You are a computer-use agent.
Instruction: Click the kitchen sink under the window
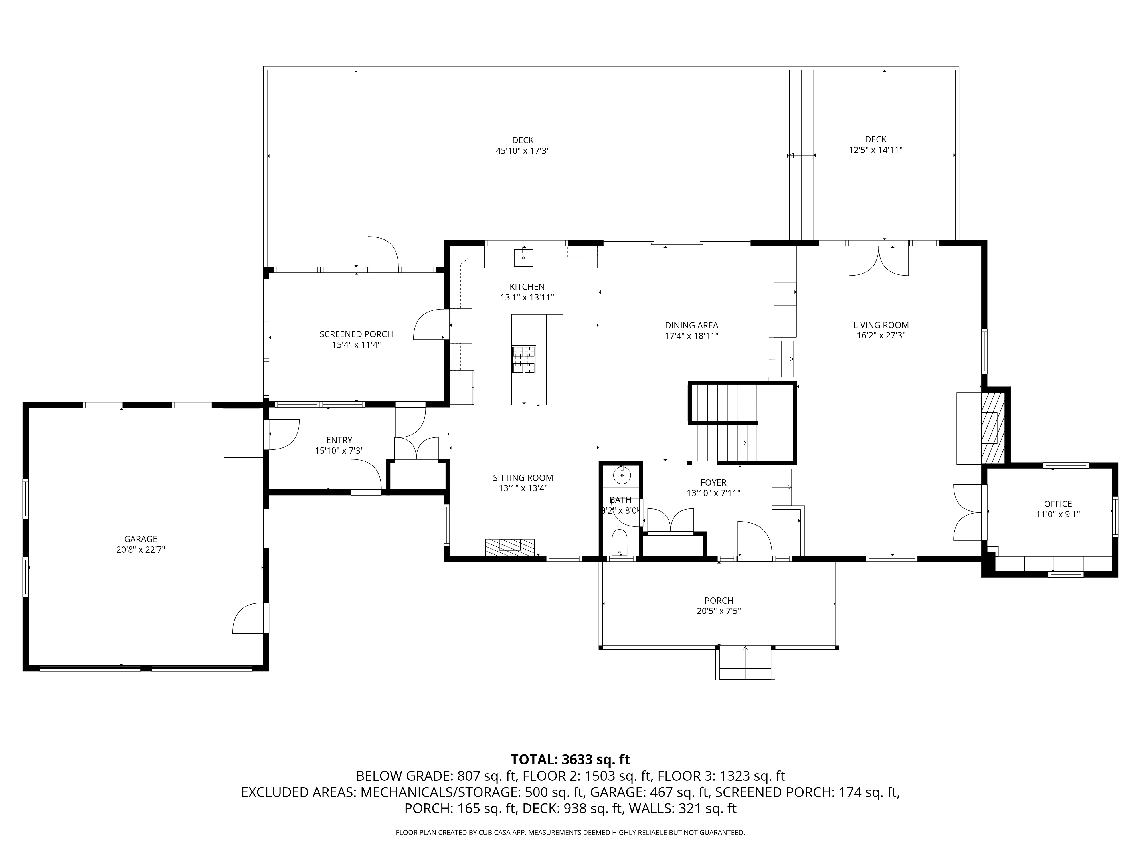coord(523,257)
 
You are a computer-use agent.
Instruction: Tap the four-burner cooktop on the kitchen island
coord(523,359)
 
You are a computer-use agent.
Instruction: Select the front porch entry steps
coord(745,663)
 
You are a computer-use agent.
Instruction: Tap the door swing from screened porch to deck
coord(382,253)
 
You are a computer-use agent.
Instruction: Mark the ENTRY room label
coord(339,440)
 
